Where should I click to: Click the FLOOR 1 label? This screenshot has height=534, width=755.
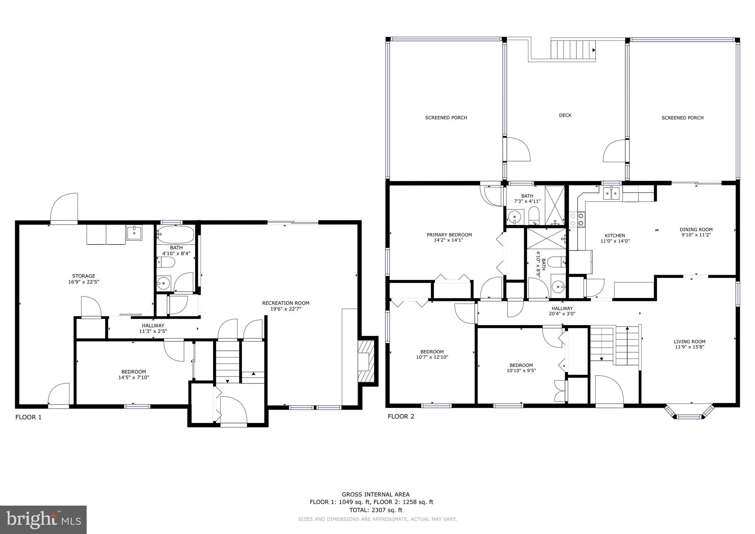coord(28,417)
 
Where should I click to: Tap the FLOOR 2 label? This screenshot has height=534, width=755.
coord(401,416)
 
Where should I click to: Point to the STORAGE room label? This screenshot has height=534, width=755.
coord(83,276)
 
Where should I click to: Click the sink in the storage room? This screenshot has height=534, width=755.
coord(134,233)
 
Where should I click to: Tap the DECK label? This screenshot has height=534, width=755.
coord(565,115)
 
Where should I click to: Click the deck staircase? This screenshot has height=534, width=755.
coord(573,50)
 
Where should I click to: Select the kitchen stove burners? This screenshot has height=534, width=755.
coord(577,219)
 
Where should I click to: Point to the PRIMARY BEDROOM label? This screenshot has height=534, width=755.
coord(449,235)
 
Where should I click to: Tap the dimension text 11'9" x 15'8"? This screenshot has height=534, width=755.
coord(689,347)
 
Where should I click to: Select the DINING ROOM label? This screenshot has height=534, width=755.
coord(696,229)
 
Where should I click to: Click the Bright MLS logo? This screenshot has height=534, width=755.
coord(43,520)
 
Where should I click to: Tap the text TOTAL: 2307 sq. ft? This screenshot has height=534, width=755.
coord(375,510)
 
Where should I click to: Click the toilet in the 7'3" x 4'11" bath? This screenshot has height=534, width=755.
coord(534,215)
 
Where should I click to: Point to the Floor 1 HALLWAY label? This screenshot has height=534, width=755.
coord(153,326)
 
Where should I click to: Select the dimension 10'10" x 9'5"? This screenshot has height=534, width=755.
coord(521,371)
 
